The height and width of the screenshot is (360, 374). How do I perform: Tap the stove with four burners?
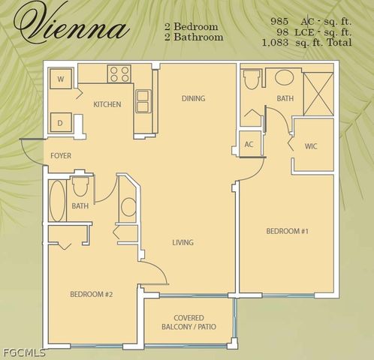(x=119, y=73)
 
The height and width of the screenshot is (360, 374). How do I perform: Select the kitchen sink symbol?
(x=142, y=100)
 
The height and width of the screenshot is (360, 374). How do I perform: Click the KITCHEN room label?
(x=107, y=104)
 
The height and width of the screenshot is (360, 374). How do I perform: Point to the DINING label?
(x=193, y=98)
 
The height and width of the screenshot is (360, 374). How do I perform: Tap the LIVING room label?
(x=182, y=242)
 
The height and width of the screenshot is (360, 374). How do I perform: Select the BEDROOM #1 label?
(x=288, y=231)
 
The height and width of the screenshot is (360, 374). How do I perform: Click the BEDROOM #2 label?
(x=91, y=294)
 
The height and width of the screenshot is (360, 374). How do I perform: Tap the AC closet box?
(x=249, y=144)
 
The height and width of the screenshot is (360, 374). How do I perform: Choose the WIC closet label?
(x=311, y=145)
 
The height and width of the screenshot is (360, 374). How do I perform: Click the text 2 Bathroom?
(x=194, y=37)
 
